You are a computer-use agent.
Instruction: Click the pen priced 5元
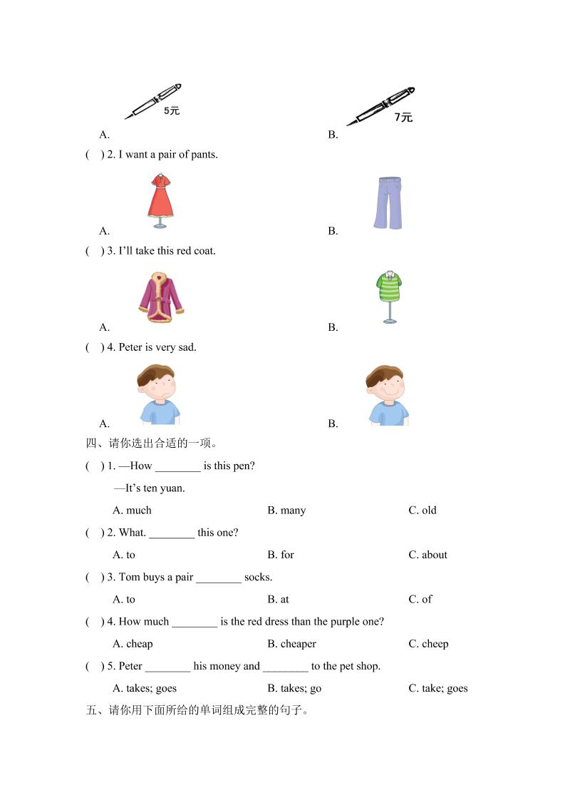point(152,101)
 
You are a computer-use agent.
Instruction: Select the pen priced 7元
point(380,107)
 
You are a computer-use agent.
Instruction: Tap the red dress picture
point(160,200)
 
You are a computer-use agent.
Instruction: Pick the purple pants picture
point(388,203)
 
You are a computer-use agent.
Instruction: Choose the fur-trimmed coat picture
point(161,297)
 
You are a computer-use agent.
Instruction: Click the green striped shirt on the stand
point(388,295)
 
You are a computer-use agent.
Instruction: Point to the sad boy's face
point(157,389)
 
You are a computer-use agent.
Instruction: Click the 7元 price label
point(403,118)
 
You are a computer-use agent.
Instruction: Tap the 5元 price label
point(172,111)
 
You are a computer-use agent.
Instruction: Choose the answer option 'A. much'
point(132,511)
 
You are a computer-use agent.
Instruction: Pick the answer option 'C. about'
point(427,555)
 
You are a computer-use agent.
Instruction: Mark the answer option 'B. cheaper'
point(291,644)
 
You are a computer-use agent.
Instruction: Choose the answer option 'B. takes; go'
point(294,688)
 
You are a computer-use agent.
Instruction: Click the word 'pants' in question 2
point(204,155)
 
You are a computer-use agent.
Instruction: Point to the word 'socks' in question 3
point(258,578)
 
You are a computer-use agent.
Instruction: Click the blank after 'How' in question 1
point(177,466)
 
